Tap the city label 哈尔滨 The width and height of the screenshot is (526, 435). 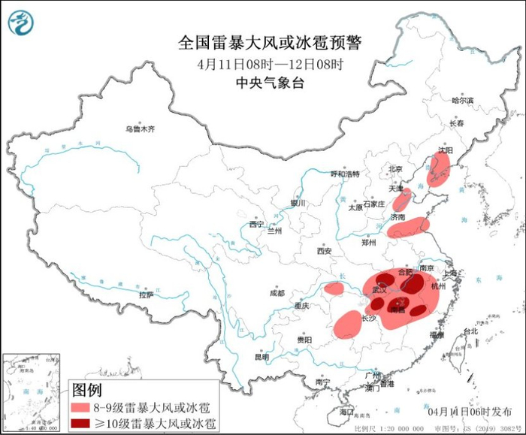462,100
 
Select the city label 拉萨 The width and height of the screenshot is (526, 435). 146,295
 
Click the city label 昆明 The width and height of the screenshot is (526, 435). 261,357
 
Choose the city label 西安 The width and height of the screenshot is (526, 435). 324,251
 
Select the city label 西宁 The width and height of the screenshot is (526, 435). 256,224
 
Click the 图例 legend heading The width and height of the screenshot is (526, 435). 86,390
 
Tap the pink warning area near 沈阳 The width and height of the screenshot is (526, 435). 440,169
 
